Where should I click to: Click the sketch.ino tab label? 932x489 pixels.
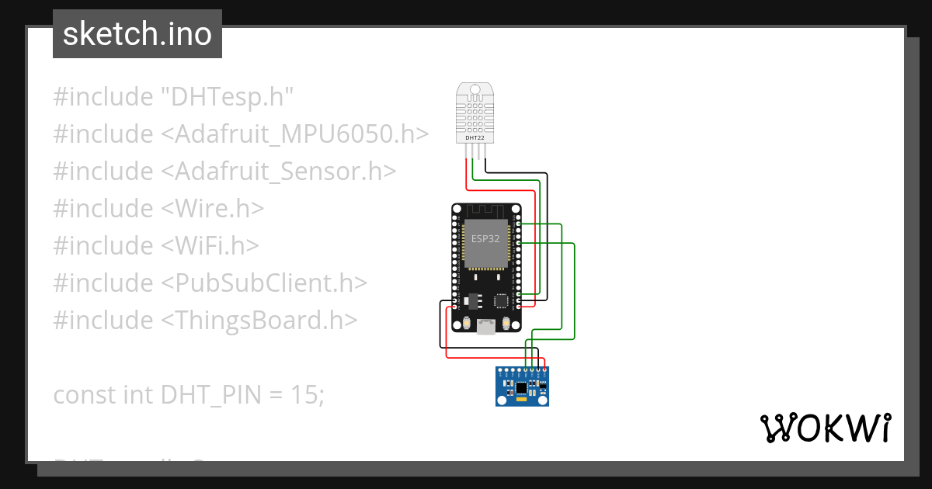137,34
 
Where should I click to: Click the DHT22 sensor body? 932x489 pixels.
475,116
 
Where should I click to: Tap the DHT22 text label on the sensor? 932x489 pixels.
475,138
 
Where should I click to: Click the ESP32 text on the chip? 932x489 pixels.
485,239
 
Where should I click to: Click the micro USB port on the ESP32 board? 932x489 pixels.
486,327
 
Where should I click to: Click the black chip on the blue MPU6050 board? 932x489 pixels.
522,387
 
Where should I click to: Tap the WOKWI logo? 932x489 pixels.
824,428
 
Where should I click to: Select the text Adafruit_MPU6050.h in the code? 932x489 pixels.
295,134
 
